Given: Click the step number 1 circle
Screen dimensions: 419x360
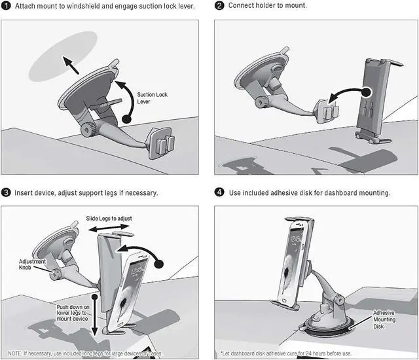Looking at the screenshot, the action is click(x=7, y=7).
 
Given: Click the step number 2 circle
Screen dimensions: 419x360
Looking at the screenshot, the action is click(x=219, y=7).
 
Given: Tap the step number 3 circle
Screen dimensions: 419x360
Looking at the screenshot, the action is click(x=7, y=193).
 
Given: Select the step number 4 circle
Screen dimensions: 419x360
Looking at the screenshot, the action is click(x=219, y=193).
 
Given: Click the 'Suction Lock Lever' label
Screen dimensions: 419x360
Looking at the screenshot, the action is click(x=152, y=99).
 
